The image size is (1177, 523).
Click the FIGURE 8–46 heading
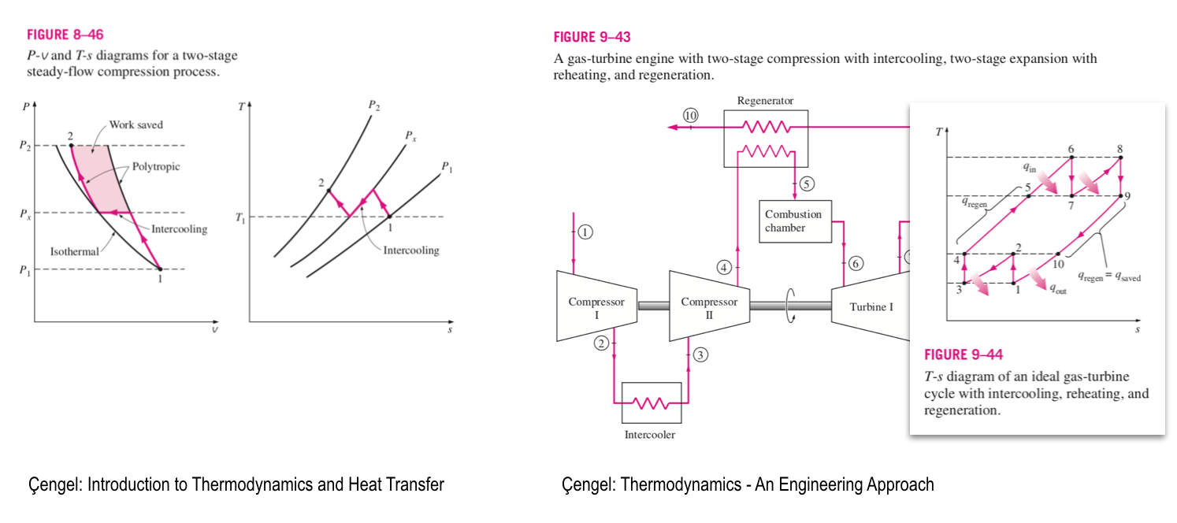pos(65,35)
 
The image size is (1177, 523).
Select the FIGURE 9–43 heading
pos(592,37)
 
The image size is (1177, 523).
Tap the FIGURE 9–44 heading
pos(964,354)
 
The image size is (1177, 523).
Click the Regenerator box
pos(765,139)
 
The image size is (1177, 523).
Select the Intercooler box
pos(651,403)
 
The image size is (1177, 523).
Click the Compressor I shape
pos(596,306)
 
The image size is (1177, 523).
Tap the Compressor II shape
pos(709,306)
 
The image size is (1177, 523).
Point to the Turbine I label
pos(871,306)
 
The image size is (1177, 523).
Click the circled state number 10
pos(691,115)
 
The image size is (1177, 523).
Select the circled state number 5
pos(806,184)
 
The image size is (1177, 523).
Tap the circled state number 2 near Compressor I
pos(602,343)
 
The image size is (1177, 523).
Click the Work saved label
pos(136,124)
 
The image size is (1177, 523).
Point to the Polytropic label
pos(154,167)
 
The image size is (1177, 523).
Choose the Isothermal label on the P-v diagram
pos(75,252)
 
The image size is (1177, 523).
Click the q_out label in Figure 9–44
pos(1056,289)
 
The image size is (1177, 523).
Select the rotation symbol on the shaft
pos(789,305)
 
